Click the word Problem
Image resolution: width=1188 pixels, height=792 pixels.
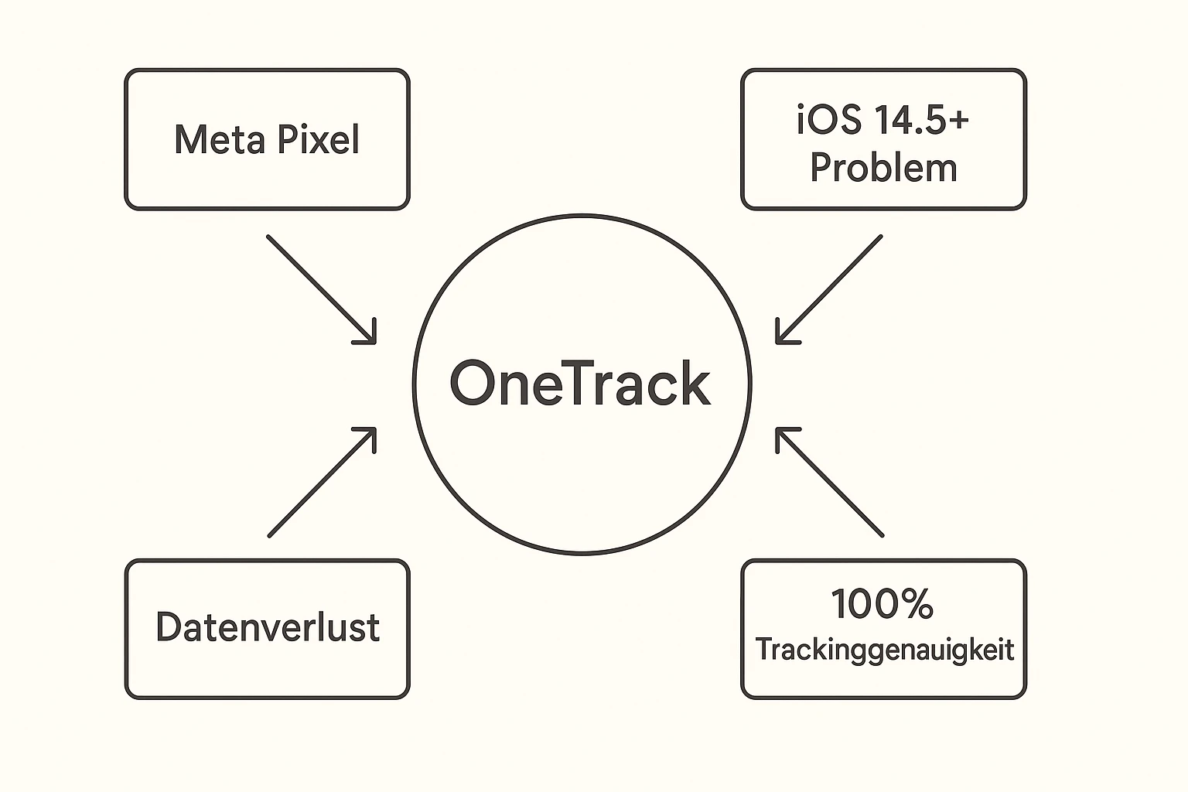(883, 168)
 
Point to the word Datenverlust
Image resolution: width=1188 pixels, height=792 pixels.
(268, 627)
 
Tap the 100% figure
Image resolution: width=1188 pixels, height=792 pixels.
(882, 604)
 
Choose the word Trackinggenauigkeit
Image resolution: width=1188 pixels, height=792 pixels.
(884, 650)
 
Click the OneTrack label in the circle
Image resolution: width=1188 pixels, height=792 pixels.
(580, 384)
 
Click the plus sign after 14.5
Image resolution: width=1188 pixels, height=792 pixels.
(958, 121)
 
